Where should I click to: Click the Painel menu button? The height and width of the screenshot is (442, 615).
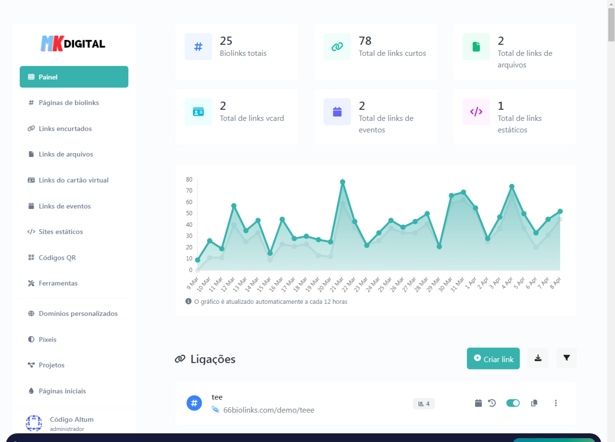pyautogui.click(x=74, y=77)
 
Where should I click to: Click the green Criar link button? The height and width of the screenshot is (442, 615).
pyautogui.click(x=493, y=358)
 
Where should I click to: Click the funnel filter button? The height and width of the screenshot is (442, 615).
pyautogui.click(x=566, y=358)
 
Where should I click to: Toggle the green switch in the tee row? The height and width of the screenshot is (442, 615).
pyautogui.click(x=513, y=403)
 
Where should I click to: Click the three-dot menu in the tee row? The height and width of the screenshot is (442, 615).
pyautogui.click(x=556, y=403)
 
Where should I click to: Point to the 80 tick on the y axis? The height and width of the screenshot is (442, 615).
pyautogui.click(x=189, y=179)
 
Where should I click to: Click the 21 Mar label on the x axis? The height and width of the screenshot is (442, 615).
pyautogui.click(x=336, y=284)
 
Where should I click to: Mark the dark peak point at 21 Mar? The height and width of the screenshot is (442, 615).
pyautogui.click(x=342, y=182)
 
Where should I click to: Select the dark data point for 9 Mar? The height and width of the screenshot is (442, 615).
pyautogui.click(x=198, y=260)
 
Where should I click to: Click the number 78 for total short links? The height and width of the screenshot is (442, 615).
pyautogui.click(x=365, y=41)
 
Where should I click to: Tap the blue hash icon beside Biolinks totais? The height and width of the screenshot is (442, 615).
pyautogui.click(x=198, y=47)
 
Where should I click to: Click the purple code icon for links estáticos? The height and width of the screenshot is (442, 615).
pyautogui.click(x=476, y=112)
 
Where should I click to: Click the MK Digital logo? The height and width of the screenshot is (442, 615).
pyautogui.click(x=73, y=44)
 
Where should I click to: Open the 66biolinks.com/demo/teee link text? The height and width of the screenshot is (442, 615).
pyautogui.click(x=269, y=410)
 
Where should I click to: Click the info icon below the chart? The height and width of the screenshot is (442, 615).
pyautogui.click(x=188, y=301)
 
